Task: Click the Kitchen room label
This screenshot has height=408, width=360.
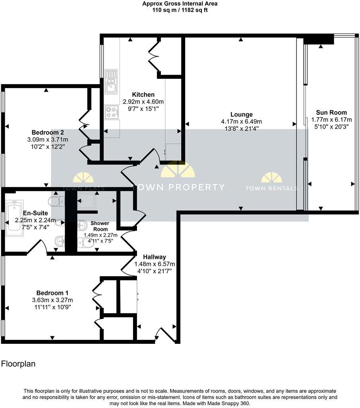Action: coord(143,95)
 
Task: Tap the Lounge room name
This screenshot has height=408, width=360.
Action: coord(241,115)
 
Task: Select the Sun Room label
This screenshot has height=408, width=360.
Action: coord(331,112)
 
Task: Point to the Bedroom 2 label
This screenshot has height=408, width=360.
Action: coord(48,132)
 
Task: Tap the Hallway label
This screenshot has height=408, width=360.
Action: coord(155,257)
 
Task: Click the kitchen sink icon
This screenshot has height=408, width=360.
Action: coord(111,81)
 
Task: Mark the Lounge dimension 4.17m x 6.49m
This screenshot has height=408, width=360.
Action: coord(241,122)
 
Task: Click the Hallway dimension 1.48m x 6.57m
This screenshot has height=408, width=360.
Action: coord(155,264)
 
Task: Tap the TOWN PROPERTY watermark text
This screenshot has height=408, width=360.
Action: coord(178,187)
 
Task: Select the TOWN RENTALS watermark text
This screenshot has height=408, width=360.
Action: coord(271,188)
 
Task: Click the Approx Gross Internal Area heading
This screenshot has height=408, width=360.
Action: coord(180,4)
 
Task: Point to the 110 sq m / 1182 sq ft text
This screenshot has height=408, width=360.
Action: coord(180,10)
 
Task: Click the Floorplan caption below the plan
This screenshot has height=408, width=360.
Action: coord(18,364)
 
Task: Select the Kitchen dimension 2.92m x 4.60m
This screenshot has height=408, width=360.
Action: coord(143,102)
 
